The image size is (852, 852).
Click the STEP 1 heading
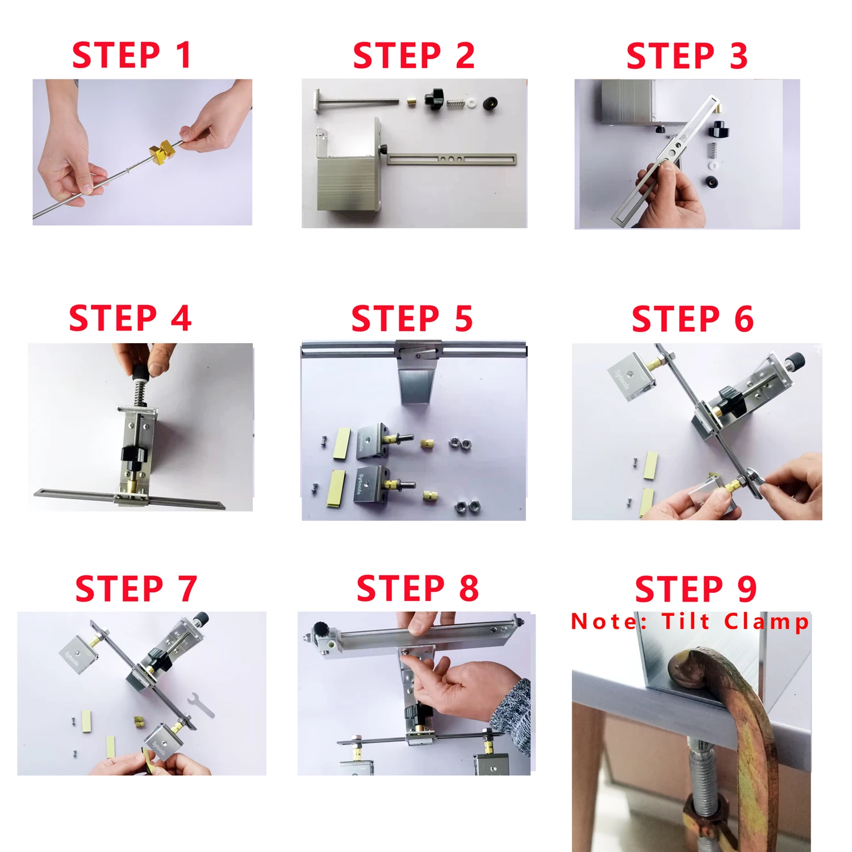click(131, 55)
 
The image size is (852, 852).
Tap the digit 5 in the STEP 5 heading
click(463, 318)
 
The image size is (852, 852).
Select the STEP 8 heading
click(417, 588)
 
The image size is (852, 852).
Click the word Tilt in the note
click(686, 621)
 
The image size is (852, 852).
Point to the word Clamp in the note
click(766, 622)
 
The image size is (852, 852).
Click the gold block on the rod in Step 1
click(162, 151)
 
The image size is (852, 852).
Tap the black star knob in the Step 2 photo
click(435, 98)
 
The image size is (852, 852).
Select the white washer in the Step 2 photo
click(472, 103)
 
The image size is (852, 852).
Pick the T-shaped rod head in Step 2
click(316, 102)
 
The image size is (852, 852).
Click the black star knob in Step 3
click(719, 130)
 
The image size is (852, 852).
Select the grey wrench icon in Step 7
click(201, 705)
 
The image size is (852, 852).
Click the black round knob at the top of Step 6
click(794, 360)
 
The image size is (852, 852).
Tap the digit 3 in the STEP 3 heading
click(738, 56)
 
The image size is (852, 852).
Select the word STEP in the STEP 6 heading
click(675, 319)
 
